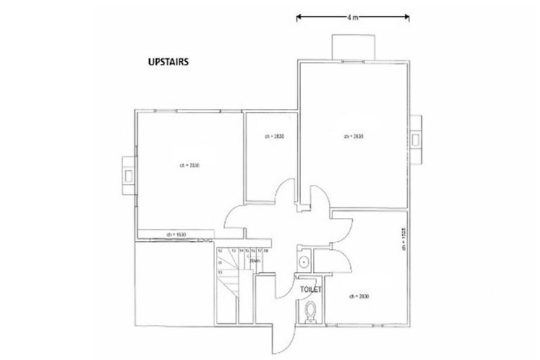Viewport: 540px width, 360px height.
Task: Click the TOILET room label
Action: point(310,288)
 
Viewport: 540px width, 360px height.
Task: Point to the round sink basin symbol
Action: point(304,262)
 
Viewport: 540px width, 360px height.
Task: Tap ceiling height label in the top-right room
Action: point(353,136)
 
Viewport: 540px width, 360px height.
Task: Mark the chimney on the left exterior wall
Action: point(128,172)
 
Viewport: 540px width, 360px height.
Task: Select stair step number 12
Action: point(219,250)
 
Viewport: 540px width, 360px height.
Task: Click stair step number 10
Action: point(219,271)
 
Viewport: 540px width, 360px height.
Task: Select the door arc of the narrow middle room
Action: point(285,193)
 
